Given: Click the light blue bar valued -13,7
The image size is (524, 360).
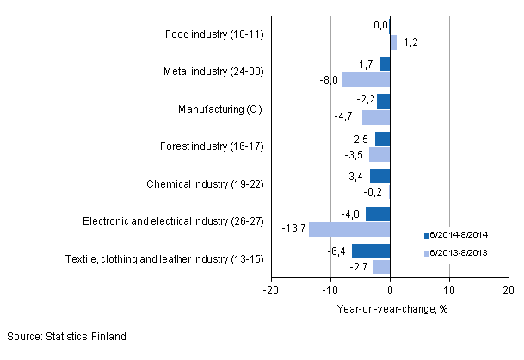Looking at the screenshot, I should pyautogui.click(x=349, y=229).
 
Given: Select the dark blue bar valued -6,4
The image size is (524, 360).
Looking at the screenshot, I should pyautogui.click(x=371, y=251).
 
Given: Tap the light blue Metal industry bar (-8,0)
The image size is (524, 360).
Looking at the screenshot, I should pyautogui.click(x=366, y=79).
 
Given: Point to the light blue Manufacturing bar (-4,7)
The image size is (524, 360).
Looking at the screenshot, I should pyautogui.click(x=376, y=117).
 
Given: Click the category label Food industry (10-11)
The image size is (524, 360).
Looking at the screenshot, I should pyautogui.click(x=213, y=34).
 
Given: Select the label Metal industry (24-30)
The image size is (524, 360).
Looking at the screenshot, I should pyautogui.click(x=213, y=71).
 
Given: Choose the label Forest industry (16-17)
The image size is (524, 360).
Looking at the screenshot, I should pyautogui.click(x=213, y=146).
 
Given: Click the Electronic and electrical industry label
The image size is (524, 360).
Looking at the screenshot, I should pyautogui.click(x=173, y=220).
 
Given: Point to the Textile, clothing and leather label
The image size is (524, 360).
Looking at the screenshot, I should pyautogui.click(x=163, y=258).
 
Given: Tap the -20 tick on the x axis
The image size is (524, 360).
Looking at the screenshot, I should pyautogui.click(x=270, y=290).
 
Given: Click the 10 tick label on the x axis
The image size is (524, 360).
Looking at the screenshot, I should pyautogui.click(x=448, y=290).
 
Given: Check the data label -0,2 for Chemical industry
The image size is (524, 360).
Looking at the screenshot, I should pyautogui.click(x=376, y=191).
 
